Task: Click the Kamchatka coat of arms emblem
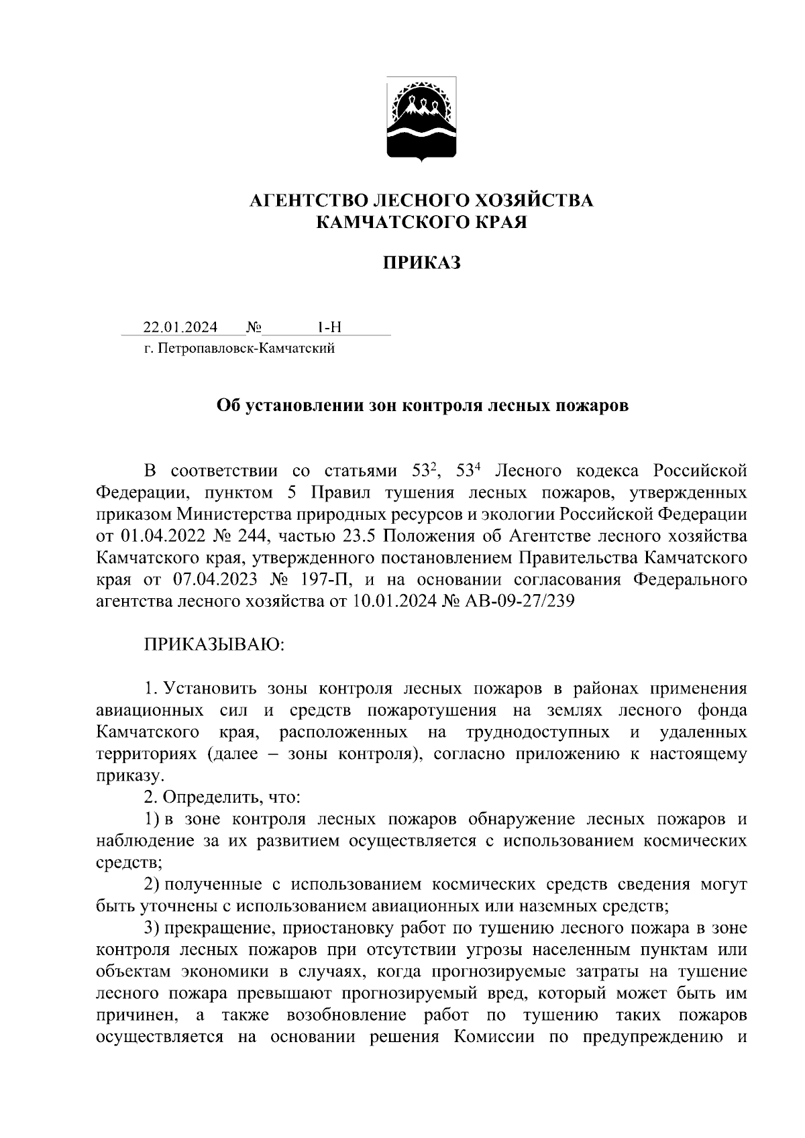pos(422,119)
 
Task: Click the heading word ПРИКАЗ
pos(422,263)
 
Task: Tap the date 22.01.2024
pos(180,327)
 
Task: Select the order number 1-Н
pos(329,327)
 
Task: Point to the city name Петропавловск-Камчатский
pos(246,348)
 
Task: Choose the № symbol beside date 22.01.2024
pos(254,327)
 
